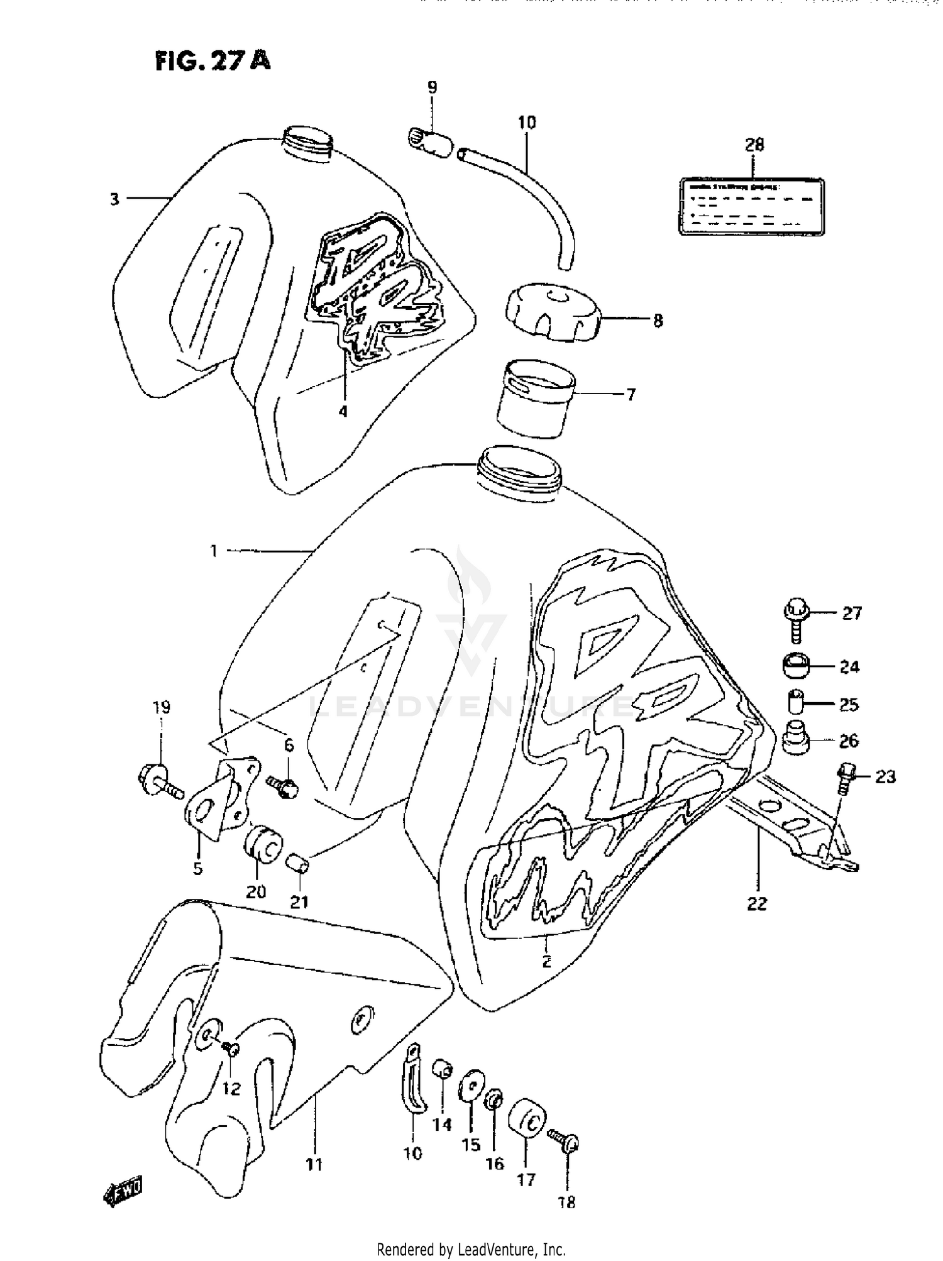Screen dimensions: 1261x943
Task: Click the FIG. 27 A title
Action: tap(212, 61)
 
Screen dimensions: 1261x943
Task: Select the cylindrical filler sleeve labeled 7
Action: tap(534, 398)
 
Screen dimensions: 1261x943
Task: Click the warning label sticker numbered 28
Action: tap(751, 207)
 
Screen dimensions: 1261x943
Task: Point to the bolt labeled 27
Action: tap(795, 620)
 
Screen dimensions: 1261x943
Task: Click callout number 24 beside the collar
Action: tap(849, 666)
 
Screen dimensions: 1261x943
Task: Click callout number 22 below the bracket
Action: tap(758, 904)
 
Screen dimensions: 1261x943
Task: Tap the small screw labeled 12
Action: tap(231, 1047)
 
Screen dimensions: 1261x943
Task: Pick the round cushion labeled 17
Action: tap(527, 1120)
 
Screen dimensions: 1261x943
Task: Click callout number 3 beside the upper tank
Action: tap(114, 200)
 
